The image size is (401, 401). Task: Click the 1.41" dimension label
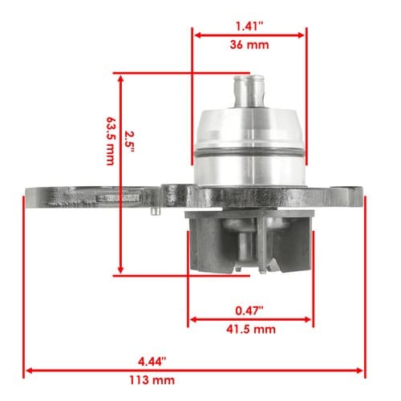click(249, 26)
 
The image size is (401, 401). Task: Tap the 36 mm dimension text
click(249, 45)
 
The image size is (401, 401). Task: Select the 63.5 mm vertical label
click(111, 141)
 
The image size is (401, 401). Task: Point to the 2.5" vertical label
click(129, 142)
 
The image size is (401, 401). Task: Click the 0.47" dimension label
click(249, 310)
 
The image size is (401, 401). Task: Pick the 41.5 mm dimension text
click(251, 329)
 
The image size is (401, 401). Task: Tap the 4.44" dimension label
click(152, 362)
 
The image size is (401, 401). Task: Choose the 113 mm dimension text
click(152, 380)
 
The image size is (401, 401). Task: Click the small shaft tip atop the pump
click(249, 91)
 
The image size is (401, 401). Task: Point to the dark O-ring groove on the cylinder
click(249, 153)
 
